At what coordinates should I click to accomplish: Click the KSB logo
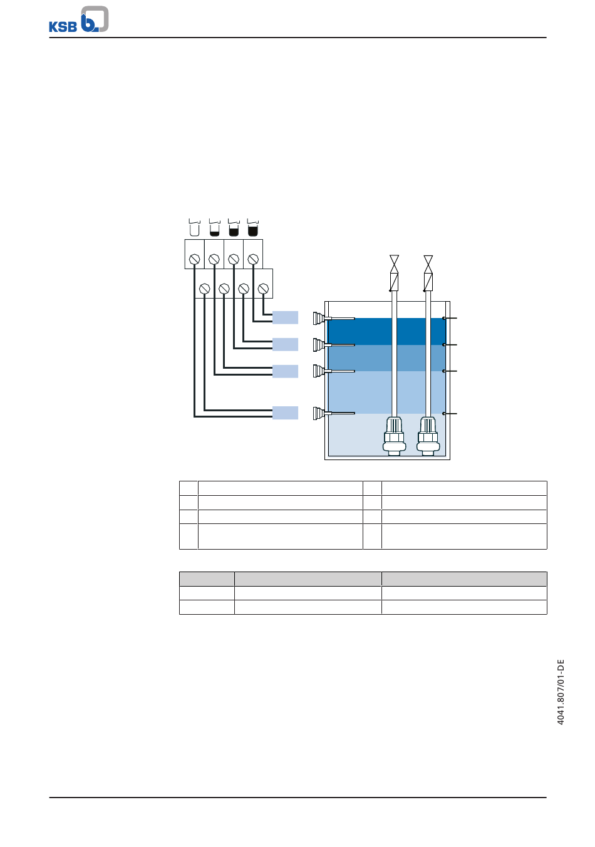tap(78, 20)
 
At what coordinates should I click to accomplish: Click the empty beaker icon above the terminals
tap(194, 228)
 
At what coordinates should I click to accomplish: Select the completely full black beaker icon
tap(253, 228)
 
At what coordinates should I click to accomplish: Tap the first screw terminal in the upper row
tap(194, 259)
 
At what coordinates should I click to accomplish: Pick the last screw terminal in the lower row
tap(263, 289)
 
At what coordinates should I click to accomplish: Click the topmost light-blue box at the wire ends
tap(285, 317)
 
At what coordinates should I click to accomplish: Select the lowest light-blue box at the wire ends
tap(285, 413)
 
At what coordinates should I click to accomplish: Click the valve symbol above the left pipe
tap(394, 264)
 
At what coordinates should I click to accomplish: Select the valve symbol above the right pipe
tap(428, 264)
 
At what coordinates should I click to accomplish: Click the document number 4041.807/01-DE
tap(561, 692)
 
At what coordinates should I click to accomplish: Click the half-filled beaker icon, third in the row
tap(234, 228)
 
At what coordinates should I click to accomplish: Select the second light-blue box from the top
tap(285, 344)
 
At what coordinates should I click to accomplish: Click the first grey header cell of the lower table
tap(207, 578)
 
